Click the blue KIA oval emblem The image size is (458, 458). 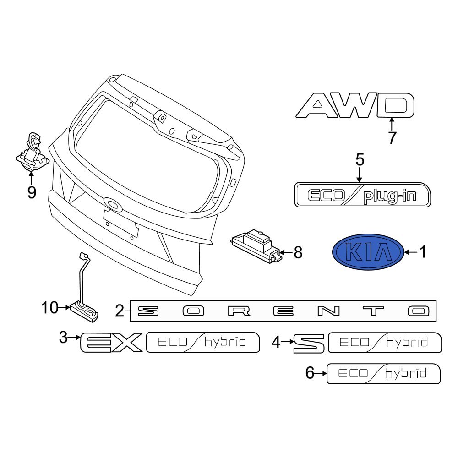click(368, 252)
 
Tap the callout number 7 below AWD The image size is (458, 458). click(392, 138)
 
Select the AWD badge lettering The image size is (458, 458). click(355, 105)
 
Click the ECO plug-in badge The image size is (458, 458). click(362, 195)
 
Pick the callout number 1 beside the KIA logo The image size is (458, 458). click(423, 252)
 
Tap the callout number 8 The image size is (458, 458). click(298, 252)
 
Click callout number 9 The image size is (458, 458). click(32, 192)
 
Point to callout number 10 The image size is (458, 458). click(50, 308)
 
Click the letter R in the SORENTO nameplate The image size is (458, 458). click(239, 311)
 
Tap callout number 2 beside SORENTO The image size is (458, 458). click(120, 311)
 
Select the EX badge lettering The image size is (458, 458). click(111, 342)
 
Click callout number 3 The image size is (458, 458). click(63, 338)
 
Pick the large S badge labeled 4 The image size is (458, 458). click(309, 343)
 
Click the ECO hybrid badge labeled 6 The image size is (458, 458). click(383, 374)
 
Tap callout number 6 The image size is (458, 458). click(310, 373)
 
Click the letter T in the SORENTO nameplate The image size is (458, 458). click(373, 311)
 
